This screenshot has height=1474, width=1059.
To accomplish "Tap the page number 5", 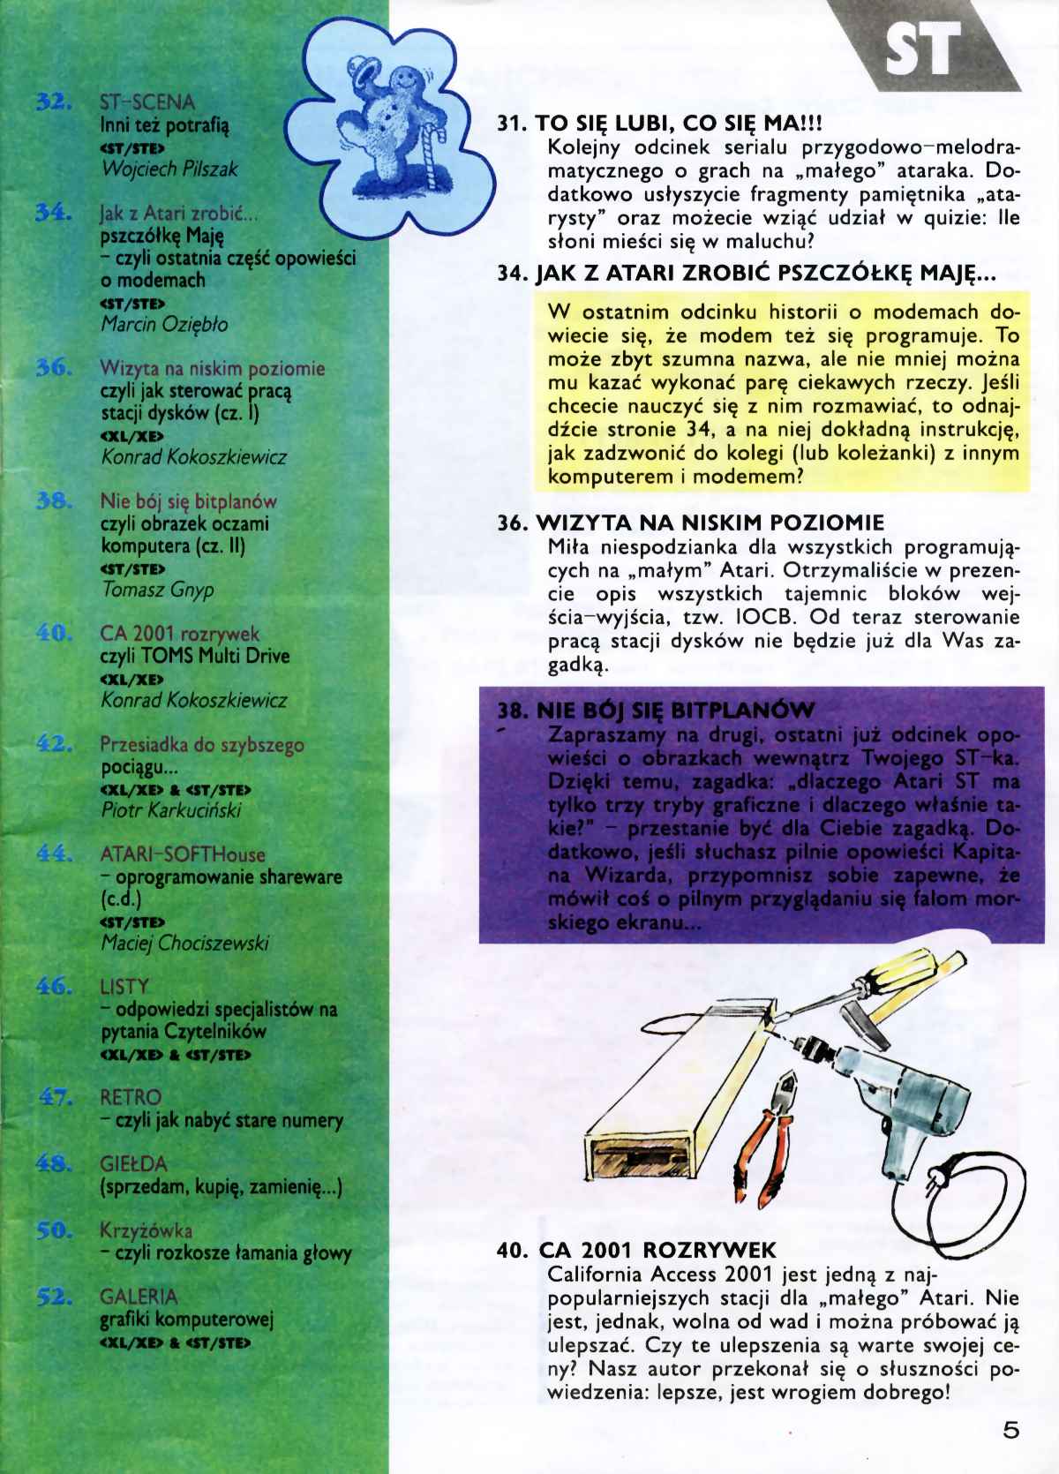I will coord(1010,1430).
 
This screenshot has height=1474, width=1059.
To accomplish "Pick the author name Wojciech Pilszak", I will coord(169,169).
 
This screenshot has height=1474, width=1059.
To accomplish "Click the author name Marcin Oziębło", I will coord(164,324).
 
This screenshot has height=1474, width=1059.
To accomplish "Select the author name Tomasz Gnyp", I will coord(157,590).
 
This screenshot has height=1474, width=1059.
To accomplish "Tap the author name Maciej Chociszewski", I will coord(184,944).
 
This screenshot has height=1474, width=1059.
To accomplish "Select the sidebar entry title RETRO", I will coord(131,1097).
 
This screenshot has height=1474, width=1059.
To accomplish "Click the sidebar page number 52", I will coord(54,1297).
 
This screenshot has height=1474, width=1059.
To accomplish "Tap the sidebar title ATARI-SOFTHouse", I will coord(183,854).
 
